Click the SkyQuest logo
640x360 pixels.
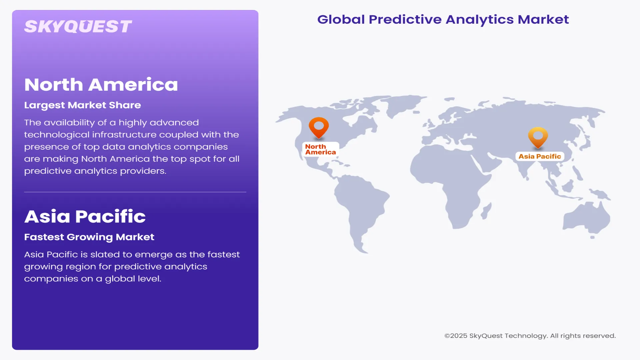[78, 27]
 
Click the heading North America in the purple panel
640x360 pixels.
[101, 85]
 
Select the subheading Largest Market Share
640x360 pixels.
[82, 105]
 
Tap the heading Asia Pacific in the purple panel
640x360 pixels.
[85, 217]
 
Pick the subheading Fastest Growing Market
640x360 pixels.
[89, 237]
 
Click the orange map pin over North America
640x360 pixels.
[319, 127]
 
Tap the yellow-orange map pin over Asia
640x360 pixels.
[538, 136]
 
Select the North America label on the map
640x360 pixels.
[320, 149]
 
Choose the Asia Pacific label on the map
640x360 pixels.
[540, 156]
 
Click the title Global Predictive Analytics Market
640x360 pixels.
[443, 19]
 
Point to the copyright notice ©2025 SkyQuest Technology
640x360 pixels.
[530, 336]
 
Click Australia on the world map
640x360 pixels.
[587, 218]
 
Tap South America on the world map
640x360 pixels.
[360, 207]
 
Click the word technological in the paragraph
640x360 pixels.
[57, 135]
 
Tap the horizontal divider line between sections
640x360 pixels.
[135, 192]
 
